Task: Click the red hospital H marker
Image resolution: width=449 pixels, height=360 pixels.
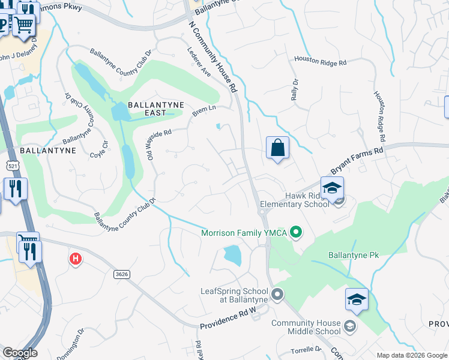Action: coord(75,259)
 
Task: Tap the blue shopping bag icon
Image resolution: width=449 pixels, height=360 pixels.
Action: coord(277,148)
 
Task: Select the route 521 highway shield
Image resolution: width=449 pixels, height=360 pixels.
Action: coord(12,164)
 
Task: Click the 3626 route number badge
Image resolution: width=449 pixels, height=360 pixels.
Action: coord(121,274)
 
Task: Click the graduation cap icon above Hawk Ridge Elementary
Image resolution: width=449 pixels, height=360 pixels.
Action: coord(332,188)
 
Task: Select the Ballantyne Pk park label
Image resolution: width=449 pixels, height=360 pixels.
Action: coord(354,255)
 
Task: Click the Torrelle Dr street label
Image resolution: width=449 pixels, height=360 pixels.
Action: coord(307,349)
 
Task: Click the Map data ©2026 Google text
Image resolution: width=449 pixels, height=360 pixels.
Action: coord(412,355)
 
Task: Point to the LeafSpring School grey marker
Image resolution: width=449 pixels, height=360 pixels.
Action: coord(277,294)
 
